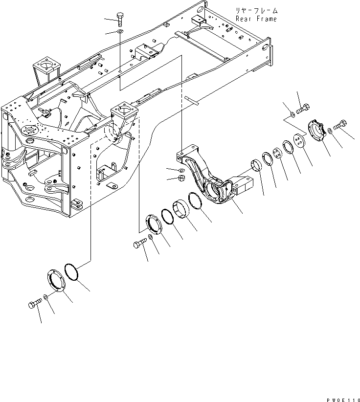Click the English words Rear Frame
[x=256, y=19]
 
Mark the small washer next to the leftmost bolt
[x=45, y=296]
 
